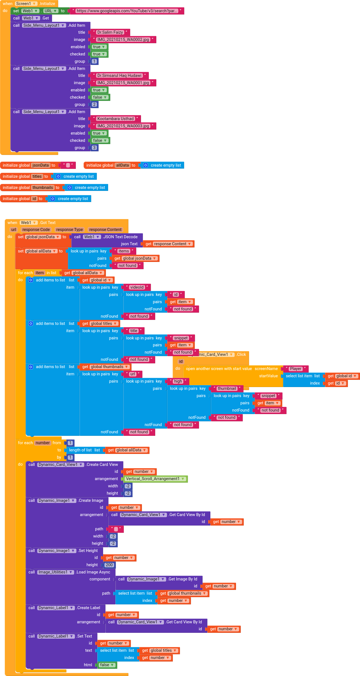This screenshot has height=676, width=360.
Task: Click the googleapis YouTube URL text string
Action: point(127,11)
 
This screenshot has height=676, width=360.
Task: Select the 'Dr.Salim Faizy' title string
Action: point(110,32)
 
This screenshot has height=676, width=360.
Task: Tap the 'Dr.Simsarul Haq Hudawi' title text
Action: point(119,76)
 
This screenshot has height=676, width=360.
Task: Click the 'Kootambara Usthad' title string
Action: point(115,119)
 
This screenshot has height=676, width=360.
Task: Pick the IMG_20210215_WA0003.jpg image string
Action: point(123,126)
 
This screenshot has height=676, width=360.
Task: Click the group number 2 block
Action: point(94,104)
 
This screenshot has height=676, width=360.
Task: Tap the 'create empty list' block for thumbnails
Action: point(90,188)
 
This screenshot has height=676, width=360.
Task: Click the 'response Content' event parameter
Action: point(105,230)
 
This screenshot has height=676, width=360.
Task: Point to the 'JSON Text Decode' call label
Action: point(120,237)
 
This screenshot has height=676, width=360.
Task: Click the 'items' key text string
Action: point(124,251)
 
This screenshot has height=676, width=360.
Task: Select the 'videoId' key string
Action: point(137,287)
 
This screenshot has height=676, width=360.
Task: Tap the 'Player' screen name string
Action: point(295,369)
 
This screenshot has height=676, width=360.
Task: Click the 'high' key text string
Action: point(178,381)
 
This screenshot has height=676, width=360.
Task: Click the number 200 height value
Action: point(109,565)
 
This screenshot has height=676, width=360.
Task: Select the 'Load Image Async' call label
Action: point(93,572)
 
